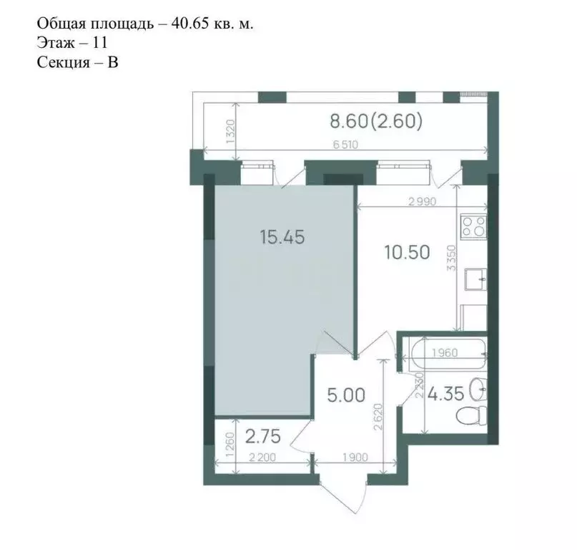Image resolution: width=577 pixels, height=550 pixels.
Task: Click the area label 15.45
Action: pyautogui.click(x=282, y=237)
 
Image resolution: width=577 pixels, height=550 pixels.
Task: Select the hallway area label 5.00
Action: pyautogui.click(x=347, y=395)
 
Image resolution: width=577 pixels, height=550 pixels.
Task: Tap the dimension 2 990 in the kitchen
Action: pyautogui.click(x=423, y=202)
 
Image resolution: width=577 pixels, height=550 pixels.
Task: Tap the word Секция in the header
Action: pyautogui.click(x=64, y=62)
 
